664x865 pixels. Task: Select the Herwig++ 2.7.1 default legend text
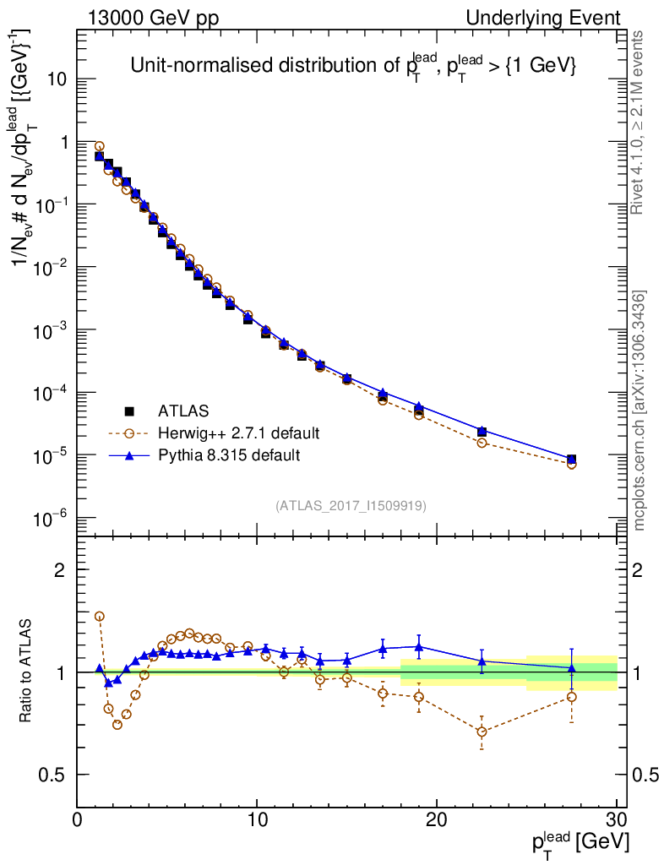(238, 433)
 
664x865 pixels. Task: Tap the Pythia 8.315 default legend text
(230, 455)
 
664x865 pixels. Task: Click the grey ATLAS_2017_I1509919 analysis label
(351, 506)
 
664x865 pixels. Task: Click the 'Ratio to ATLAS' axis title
(26, 672)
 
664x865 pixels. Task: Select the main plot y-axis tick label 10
(56, 79)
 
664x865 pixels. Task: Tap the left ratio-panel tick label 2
(60, 569)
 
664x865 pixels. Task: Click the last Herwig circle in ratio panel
(572, 697)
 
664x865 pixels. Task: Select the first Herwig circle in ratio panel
(99, 617)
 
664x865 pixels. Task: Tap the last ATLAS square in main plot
(572, 460)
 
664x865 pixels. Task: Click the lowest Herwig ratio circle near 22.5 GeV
(482, 732)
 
